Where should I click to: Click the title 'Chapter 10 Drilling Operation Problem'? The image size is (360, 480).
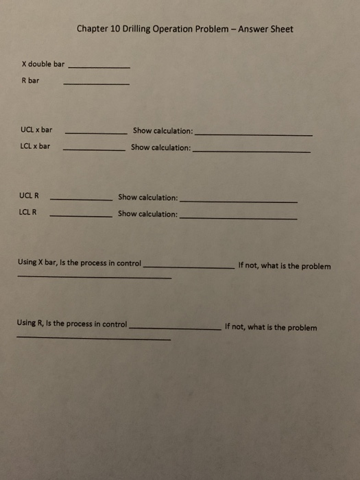[x=156, y=29]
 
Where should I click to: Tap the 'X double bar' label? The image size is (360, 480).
[x=43, y=64]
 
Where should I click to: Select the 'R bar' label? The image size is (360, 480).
[x=30, y=80]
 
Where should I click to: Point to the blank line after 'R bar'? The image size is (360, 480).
[x=96, y=84]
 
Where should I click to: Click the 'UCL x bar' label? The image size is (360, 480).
[x=36, y=130]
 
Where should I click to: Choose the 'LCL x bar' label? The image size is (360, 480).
[x=36, y=146]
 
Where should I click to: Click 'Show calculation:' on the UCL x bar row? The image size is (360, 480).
[x=163, y=130]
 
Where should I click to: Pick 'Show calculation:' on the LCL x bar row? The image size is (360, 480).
[x=161, y=147]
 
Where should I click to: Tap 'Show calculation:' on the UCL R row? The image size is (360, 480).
[x=148, y=197]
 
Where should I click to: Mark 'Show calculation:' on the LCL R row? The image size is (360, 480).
[x=148, y=214]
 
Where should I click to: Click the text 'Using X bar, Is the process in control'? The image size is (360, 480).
[x=80, y=263]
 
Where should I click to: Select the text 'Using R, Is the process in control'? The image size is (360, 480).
[x=73, y=323]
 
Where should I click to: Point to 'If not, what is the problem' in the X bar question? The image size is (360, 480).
[x=284, y=266]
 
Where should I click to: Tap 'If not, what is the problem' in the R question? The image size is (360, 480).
[x=271, y=327]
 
